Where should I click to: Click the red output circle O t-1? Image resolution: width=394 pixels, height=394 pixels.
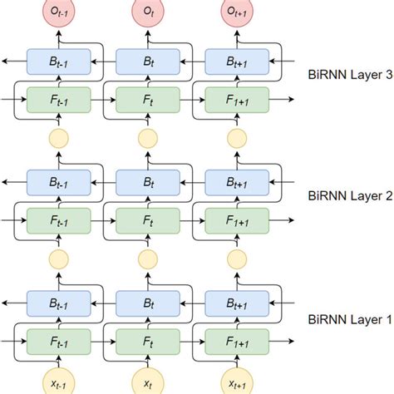click(x=57, y=14)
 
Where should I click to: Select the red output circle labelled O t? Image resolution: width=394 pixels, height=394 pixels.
click(x=147, y=14)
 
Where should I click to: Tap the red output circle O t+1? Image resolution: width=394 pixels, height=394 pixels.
click(x=237, y=14)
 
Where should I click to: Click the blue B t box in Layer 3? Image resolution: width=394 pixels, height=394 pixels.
click(x=147, y=60)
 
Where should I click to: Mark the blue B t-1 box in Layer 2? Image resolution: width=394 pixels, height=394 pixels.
click(x=57, y=181)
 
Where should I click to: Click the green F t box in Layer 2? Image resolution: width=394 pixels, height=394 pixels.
click(x=147, y=220)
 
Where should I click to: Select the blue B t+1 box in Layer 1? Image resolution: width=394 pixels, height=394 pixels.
click(x=237, y=303)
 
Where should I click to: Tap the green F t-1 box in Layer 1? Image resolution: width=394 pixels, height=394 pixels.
click(x=57, y=342)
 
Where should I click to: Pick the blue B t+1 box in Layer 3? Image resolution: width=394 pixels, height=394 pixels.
click(x=237, y=60)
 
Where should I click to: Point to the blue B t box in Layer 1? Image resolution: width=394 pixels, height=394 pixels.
click(x=147, y=303)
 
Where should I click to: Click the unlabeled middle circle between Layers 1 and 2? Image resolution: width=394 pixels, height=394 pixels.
click(x=147, y=259)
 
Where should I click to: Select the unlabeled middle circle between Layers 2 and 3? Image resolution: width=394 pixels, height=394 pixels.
click(x=147, y=137)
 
